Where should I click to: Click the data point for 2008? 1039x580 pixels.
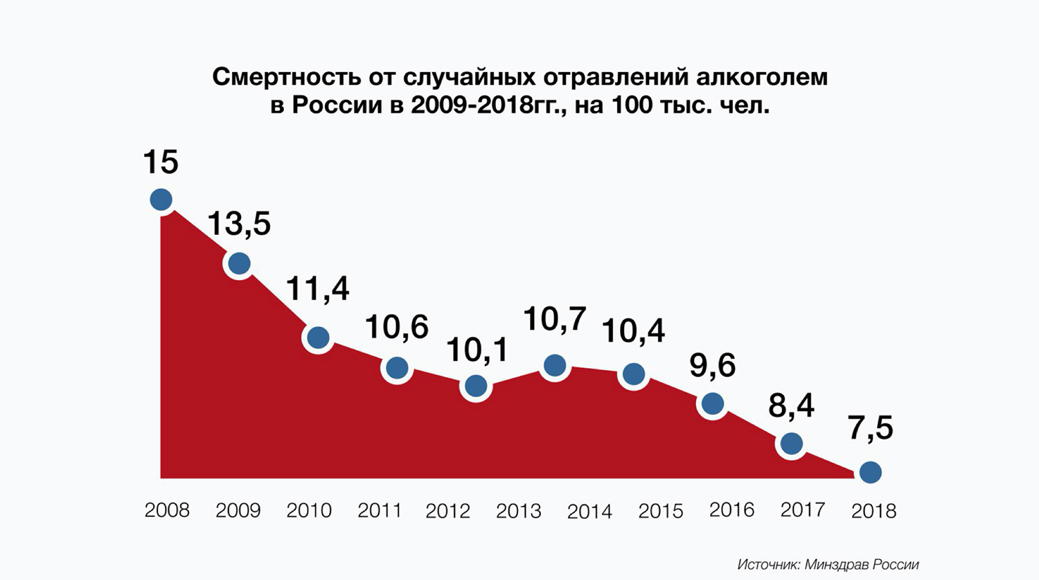(161, 200)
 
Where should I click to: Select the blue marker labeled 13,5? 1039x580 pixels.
(239, 263)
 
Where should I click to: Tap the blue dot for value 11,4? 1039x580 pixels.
(318, 337)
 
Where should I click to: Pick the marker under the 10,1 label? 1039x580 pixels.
(476, 386)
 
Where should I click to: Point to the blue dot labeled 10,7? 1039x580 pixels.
(555, 365)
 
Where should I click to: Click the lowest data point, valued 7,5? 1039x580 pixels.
(871, 473)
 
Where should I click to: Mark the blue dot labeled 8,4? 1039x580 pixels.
(792, 443)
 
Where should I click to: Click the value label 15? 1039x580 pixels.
(161, 162)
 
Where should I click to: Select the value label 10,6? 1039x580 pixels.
(396, 327)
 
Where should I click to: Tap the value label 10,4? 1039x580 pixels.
(633, 331)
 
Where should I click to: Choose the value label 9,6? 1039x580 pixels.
(712, 365)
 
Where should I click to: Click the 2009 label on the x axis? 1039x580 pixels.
(238, 511)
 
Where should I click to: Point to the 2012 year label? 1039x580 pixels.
(448, 511)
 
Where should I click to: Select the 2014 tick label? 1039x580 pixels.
(589, 511)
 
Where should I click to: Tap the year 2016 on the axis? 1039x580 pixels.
(731, 510)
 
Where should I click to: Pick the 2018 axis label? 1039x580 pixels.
(873, 511)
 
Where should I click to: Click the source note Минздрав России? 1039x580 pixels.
(862, 565)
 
